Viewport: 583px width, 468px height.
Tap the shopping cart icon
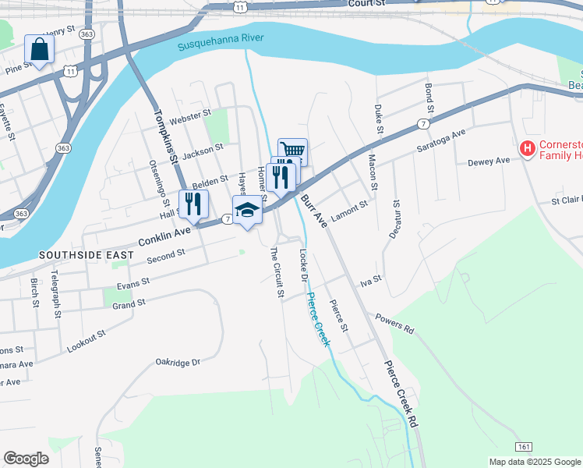[x=292, y=151]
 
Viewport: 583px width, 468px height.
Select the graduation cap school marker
[x=247, y=211]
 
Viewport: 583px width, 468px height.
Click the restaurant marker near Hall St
[x=193, y=204]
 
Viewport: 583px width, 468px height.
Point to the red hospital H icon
[x=528, y=147]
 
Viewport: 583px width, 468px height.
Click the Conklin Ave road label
[x=164, y=232]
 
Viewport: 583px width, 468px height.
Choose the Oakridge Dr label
[x=178, y=362]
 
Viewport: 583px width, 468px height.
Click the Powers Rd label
[x=394, y=324]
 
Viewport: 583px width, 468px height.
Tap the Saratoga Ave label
[x=440, y=140]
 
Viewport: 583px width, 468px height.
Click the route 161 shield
[x=524, y=445]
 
